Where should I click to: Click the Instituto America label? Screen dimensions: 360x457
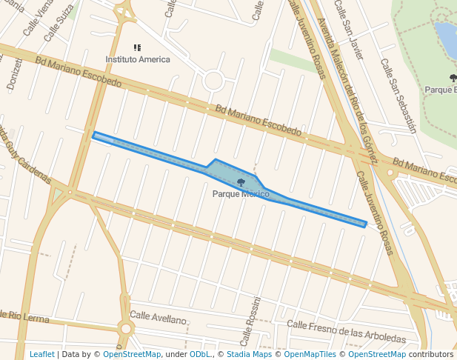138,59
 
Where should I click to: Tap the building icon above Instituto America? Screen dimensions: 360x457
137,48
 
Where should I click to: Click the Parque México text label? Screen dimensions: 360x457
240,194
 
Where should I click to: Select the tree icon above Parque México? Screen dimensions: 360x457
241,182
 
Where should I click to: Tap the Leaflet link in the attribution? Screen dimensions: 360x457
42,354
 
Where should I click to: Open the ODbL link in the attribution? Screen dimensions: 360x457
200,354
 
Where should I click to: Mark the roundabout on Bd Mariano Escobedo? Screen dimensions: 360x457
213,81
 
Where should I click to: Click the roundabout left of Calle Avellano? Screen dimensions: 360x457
126,328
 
